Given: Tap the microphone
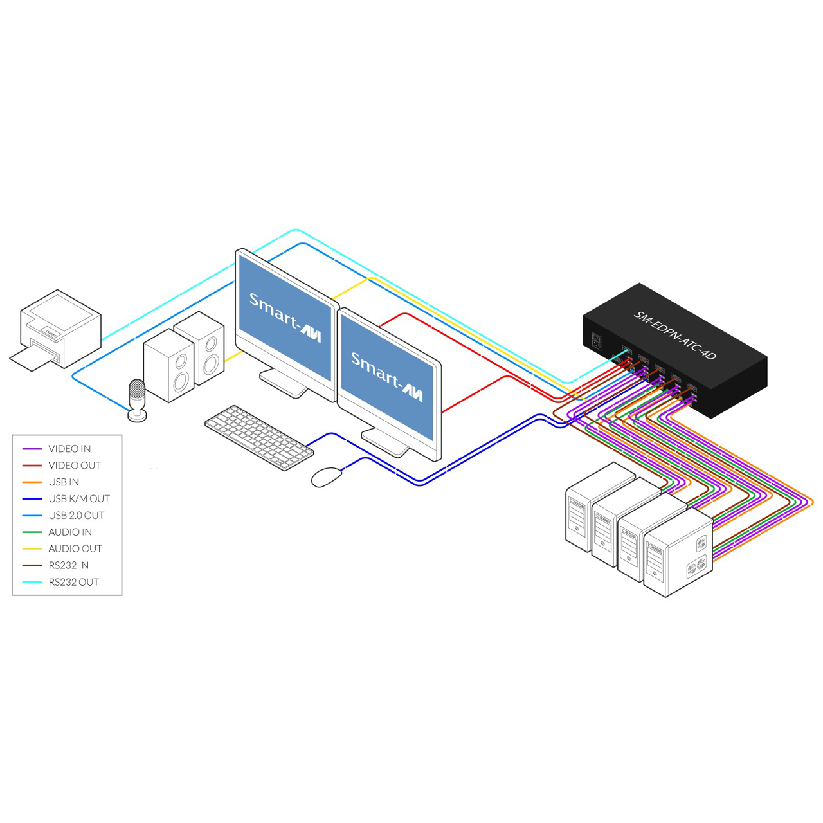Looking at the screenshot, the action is click(x=137, y=400).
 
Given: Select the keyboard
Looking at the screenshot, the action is click(x=259, y=437).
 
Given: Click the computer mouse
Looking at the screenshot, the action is click(x=327, y=477).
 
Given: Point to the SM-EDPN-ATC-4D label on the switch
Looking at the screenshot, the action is click(x=674, y=335).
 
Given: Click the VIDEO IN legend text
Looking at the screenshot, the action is click(x=69, y=448).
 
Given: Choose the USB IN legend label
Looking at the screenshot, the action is click(x=64, y=482).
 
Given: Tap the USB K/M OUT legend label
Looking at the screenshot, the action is click(x=79, y=498).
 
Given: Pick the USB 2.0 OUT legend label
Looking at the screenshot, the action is click(x=77, y=515).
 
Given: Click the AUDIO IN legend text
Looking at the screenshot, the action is click(x=70, y=532).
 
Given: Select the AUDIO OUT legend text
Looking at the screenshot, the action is click(x=75, y=548).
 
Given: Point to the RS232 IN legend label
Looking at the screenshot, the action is click(x=69, y=565).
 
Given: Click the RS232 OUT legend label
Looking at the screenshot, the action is click(x=74, y=582).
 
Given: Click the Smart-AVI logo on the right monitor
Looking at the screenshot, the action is click(x=387, y=377).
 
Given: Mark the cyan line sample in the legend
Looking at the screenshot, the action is click(x=32, y=582).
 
